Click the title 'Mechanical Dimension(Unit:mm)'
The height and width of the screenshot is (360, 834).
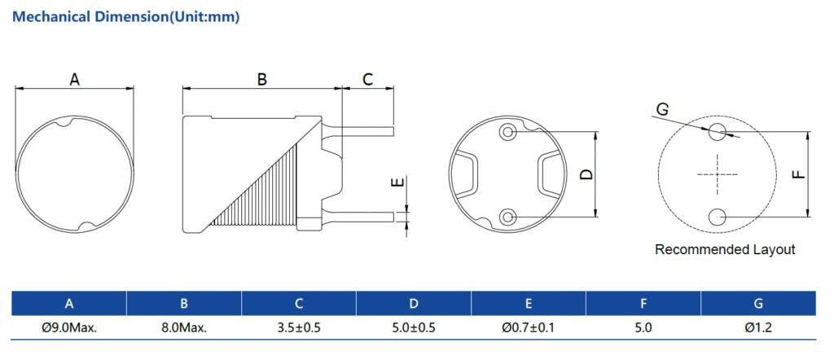pos(127,16)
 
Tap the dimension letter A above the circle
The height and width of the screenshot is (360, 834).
pos(75,79)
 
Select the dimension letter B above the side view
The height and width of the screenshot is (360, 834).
pos(262,79)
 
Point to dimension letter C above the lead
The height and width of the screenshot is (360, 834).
pos(367,79)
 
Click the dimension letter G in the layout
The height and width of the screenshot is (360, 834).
pos(662,109)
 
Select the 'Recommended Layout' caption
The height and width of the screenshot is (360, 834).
pos(725,250)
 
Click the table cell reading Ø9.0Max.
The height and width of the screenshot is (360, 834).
pos(69,328)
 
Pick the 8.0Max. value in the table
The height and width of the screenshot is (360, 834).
pos(184,328)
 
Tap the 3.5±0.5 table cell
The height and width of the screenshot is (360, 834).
pos(299,328)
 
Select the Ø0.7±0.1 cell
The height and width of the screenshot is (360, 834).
pos(529,328)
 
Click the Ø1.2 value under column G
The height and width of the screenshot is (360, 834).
pos(758,328)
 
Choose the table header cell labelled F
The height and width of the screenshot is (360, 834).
pos(643,304)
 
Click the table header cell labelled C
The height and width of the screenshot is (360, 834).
pos(299,304)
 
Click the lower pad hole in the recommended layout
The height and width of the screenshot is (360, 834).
pos(718,217)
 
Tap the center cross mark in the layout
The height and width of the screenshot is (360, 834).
pos(718,174)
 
